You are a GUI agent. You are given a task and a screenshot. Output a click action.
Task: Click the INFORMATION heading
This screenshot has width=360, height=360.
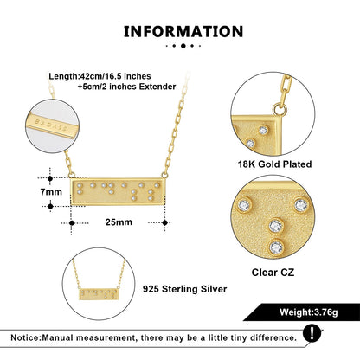183,32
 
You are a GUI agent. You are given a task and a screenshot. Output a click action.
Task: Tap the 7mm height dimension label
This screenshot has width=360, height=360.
51,192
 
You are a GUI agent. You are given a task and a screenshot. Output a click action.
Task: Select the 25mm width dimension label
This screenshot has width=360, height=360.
119,222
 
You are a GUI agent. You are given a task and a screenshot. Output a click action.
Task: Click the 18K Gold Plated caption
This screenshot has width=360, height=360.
274,164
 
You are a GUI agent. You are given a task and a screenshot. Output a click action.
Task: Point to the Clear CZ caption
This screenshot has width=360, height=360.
273,273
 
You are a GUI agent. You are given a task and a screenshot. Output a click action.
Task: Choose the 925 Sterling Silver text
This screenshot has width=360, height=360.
184,289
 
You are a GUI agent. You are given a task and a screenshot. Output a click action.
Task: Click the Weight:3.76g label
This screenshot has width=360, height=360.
308,312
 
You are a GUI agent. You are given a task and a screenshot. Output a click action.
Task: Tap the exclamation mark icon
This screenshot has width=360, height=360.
312,334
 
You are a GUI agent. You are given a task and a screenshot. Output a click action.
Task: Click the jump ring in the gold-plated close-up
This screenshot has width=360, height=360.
280,110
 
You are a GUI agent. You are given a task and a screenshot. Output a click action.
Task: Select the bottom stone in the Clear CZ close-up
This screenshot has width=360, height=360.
276,247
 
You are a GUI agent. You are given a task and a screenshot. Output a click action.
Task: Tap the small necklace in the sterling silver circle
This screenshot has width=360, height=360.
99,283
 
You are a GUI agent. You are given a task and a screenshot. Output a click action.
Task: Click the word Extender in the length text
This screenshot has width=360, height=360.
157,87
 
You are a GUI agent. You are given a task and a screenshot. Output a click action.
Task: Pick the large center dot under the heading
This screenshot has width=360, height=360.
183,46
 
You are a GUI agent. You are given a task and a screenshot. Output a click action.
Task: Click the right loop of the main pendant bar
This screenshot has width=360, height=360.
164,175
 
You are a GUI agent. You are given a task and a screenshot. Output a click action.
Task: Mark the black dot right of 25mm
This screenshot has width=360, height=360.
164,222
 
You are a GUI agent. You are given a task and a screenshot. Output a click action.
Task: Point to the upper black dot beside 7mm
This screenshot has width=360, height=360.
50,179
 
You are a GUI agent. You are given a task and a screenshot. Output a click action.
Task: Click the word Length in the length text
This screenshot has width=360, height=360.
63,76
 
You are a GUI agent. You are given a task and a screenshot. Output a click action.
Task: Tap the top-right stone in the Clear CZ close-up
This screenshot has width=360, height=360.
300,205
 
